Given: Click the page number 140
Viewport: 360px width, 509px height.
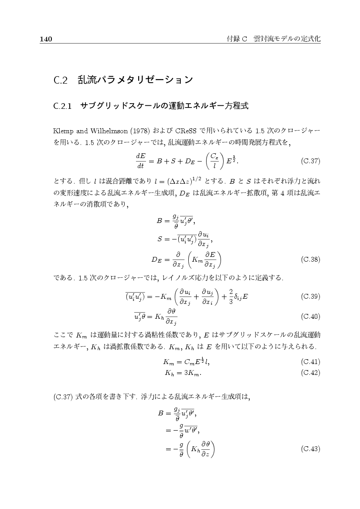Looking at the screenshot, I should pyautogui.click(x=46, y=39).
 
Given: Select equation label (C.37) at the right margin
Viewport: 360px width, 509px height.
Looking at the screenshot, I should pyautogui.click(x=310, y=161).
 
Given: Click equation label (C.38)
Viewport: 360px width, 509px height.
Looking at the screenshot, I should pyautogui.click(x=310, y=260).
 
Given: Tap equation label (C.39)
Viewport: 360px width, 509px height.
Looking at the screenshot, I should pyautogui.click(x=310, y=297).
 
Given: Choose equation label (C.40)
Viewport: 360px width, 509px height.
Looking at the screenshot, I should pyautogui.click(x=310, y=316).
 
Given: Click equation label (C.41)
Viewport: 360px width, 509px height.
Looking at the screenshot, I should pyautogui.click(x=310, y=361).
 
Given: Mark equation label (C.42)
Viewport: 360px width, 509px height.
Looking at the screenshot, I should pyautogui.click(x=310, y=373).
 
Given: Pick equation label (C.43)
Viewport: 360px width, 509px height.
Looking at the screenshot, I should pyautogui.click(x=310, y=448).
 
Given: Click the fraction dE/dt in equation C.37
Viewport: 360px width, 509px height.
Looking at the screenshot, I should pyautogui.click(x=140, y=161).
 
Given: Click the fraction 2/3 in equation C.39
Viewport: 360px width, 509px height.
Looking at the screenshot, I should pyautogui.click(x=231, y=297).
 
